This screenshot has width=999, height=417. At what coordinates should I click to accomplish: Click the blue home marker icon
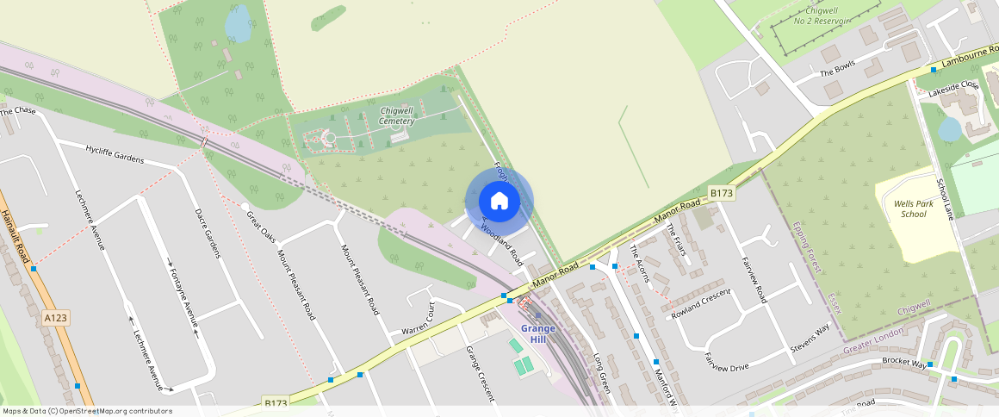click(x=499, y=202)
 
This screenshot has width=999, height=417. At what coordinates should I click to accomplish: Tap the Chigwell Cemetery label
click(x=397, y=116)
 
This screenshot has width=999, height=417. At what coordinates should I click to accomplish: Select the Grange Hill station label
click(x=538, y=333)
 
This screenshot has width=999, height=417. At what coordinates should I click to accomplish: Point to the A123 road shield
click(x=56, y=318)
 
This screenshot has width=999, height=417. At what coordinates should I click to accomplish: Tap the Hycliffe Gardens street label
click(x=115, y=153)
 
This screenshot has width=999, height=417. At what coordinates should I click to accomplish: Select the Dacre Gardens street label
click(x=207, y=233)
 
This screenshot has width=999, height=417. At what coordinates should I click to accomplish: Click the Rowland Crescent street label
click(x=700, y=303)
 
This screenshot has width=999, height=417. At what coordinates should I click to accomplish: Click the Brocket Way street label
click(x=903, y=362)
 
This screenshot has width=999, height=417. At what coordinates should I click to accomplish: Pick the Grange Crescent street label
click(x=480, y=374)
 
